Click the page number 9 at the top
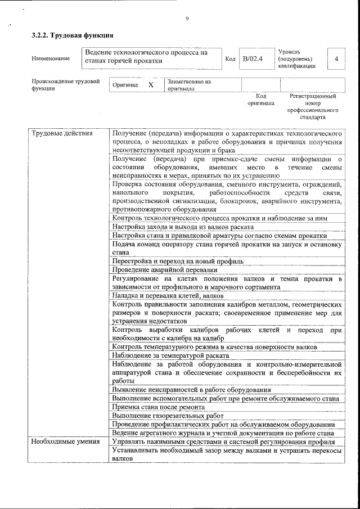click(x=187, y=20)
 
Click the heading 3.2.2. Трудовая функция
click(x=69, y=35)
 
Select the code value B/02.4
click(x=253, y=58)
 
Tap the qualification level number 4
click(x=336, y=58)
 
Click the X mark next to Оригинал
click(x=150, y=85)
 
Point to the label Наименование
click(x=51, y=58)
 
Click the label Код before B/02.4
click(x=230, y=58)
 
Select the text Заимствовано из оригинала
click(x=188, y=85)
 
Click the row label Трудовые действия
click(x=54, y=133)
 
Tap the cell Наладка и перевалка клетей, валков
click(x=168, y=295)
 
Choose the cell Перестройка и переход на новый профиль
click(x=178, y=262)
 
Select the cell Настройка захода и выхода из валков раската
click(x=182, y=227)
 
